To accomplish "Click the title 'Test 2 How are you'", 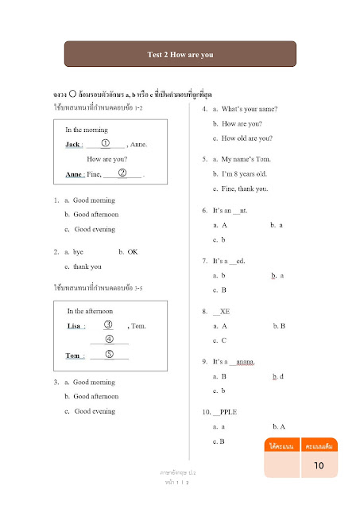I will coord(180,55).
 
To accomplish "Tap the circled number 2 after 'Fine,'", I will coord(122,173).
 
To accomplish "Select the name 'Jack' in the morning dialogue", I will coord(72,145).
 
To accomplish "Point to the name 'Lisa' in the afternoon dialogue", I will coord(77,326).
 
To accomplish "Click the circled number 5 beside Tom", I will coord(110,355).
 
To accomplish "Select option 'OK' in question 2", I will coord(133,252).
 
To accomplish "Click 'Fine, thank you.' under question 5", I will coord(245,188).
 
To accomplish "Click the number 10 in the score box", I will coord(317,465).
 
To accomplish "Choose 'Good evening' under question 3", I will coord(95,411).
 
